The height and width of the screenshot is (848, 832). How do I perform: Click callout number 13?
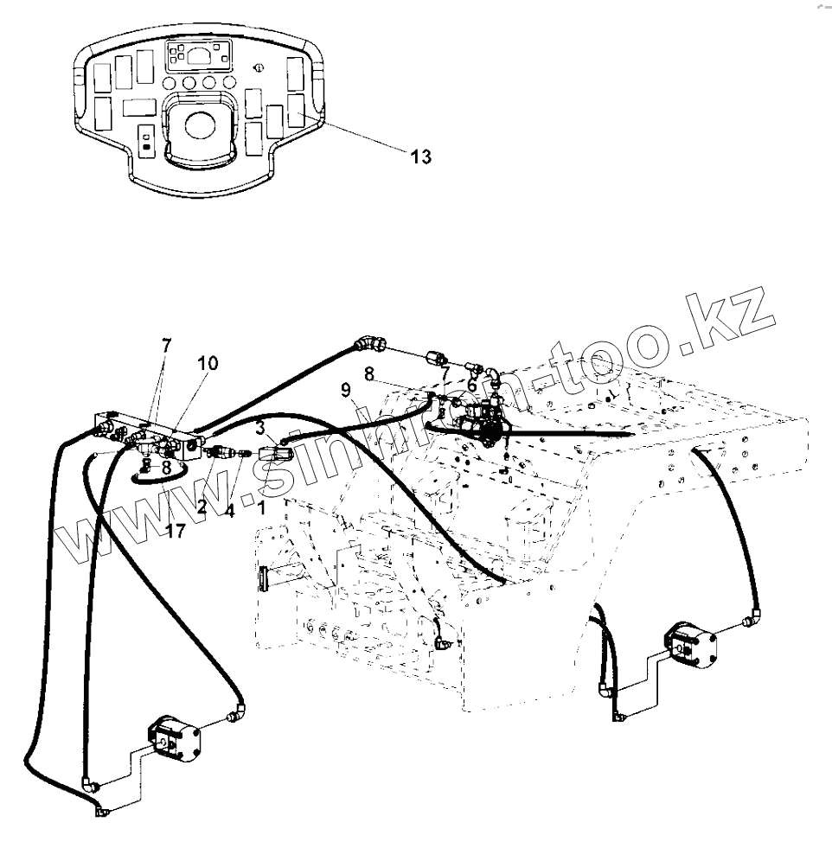tap(420, 156)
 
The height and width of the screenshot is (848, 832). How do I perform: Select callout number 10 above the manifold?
tap(208, 364)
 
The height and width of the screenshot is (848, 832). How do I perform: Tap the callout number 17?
tap(176, 531)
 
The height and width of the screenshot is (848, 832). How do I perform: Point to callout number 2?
tap(202, 507)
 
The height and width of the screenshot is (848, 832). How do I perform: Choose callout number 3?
tap(259, 425)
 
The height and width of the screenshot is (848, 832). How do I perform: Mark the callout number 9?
tap(347, 390)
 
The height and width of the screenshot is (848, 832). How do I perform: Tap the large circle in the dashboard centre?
tap(198, 124)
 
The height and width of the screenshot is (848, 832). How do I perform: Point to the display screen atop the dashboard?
tap(199, 58)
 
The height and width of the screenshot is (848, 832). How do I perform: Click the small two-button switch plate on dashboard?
tap(146, 142)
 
